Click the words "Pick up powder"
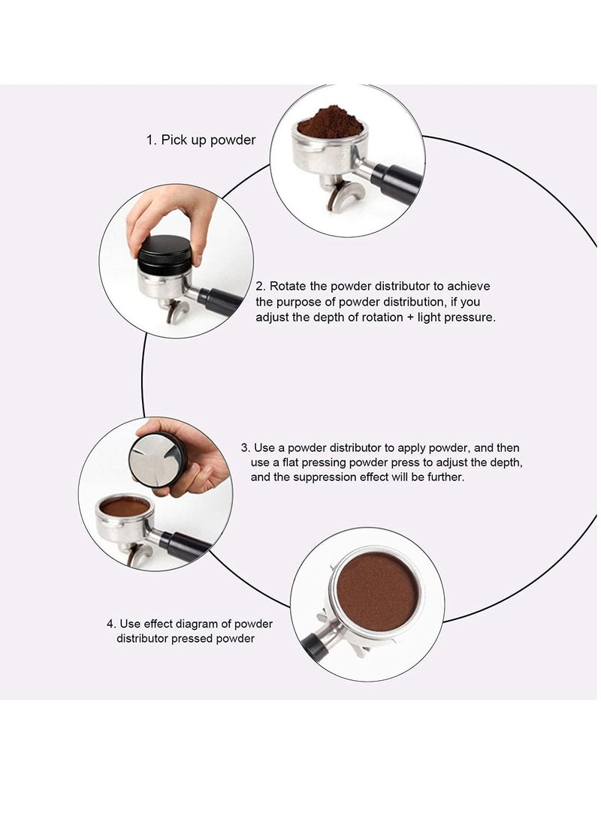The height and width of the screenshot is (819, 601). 208,140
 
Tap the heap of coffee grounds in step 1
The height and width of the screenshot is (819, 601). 331,121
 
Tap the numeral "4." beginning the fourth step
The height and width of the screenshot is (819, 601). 111,624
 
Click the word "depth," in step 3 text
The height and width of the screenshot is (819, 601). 506,462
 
